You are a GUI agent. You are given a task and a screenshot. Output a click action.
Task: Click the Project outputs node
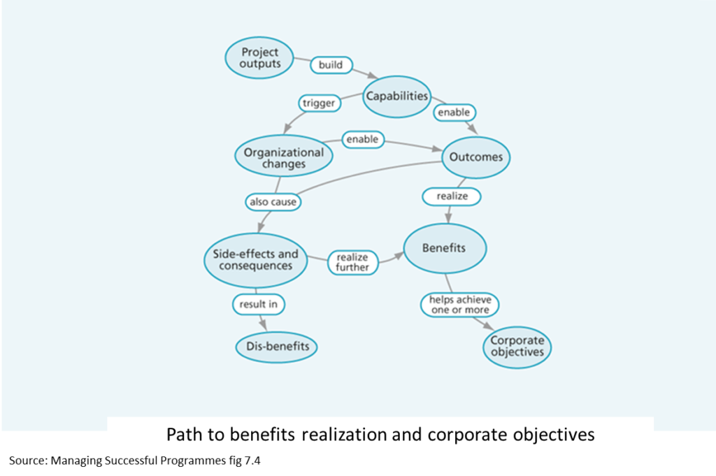tap(259, 57)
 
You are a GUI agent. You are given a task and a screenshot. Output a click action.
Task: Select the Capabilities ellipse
tap(397, 96)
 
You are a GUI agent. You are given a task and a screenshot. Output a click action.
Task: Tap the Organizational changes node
tap(284, 157)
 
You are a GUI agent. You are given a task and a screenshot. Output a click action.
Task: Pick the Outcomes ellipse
tap(475, 157)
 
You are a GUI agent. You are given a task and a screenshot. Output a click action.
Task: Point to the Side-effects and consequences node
tap(256, 260)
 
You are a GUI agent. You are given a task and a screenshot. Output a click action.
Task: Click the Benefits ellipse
tap(444, 248)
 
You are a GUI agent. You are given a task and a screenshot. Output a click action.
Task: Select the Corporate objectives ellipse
tap(517, 347)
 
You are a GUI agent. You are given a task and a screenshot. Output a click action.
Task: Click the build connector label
tap(331, 65)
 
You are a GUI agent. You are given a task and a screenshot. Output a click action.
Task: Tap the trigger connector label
tap(319, 103)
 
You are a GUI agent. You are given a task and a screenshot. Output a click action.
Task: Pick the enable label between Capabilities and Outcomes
tap(454, 112)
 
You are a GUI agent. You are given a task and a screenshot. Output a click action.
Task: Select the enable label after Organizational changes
tap(362, 139)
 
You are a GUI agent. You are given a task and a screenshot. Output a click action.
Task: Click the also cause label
tap(273, 202)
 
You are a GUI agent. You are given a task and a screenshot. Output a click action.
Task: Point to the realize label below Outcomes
tap(452, 196)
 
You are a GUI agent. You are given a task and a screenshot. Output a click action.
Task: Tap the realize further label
tap(352, 262)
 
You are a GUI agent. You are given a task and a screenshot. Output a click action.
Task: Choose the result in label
tap(259, 305)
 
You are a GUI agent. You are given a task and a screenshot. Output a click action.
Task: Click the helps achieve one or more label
tap(460, 305)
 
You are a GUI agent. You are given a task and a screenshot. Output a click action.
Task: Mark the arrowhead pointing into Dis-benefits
tap(264, 326)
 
